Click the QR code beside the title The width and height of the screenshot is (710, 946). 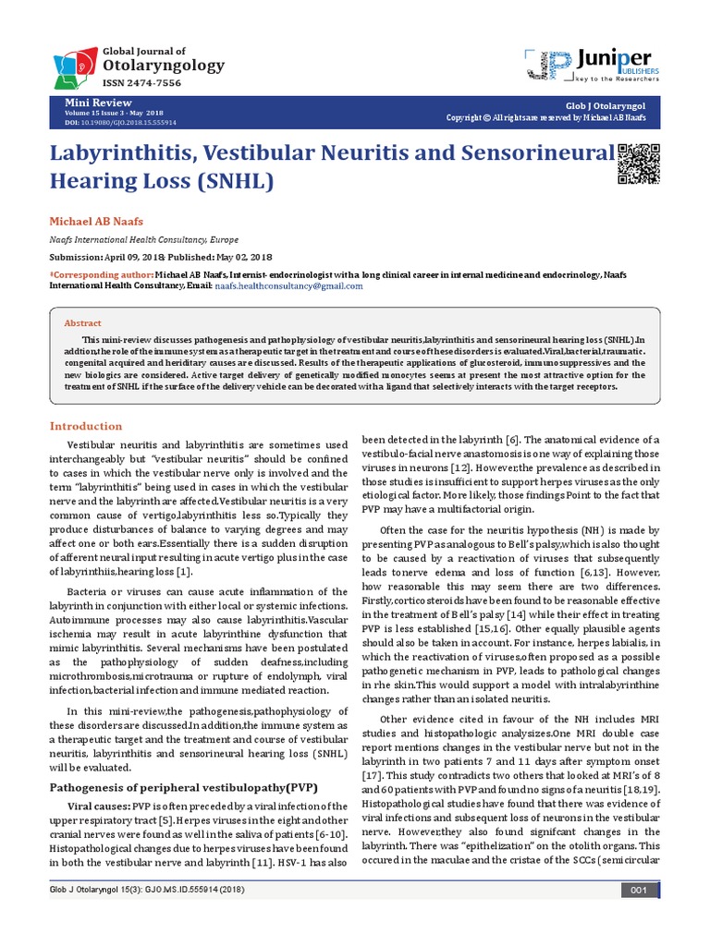[x=639, y=165]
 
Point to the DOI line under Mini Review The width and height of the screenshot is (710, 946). [x=119, y=122]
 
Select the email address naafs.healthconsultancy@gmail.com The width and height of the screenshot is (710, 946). [x=288, y=286]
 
